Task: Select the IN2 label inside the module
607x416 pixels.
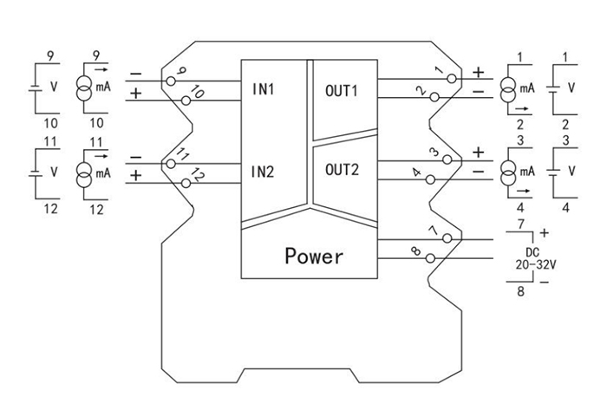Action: tap(264, 171)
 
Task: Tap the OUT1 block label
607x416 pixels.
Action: tap(341, 90)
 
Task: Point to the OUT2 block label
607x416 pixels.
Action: tap(341, 169)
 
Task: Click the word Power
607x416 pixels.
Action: tap(314, 257)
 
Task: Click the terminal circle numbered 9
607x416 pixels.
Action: tap(170, 81)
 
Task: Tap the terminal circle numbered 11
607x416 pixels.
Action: tap(170, 162)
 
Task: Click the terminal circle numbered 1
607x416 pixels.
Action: tap(450, 79)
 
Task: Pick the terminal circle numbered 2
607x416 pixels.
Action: tap(431, 100)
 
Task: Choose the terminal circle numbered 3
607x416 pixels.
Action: tap(450, 159)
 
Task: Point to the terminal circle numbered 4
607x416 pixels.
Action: tap(431, 181)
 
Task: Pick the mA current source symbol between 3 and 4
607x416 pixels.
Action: tap(506, 169)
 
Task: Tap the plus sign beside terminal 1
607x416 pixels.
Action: tap(478, 71)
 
